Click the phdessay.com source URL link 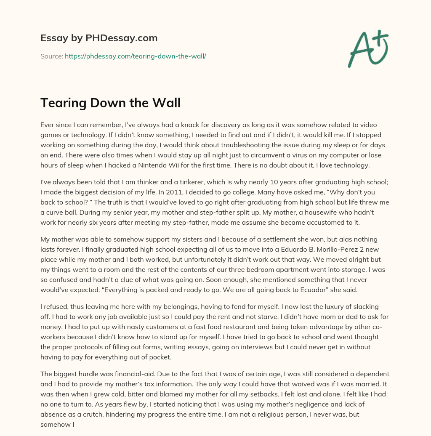click(135, 56)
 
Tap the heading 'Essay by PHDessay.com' click(99, 38)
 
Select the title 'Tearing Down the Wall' click(110, 103)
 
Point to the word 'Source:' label click(51, 56)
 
